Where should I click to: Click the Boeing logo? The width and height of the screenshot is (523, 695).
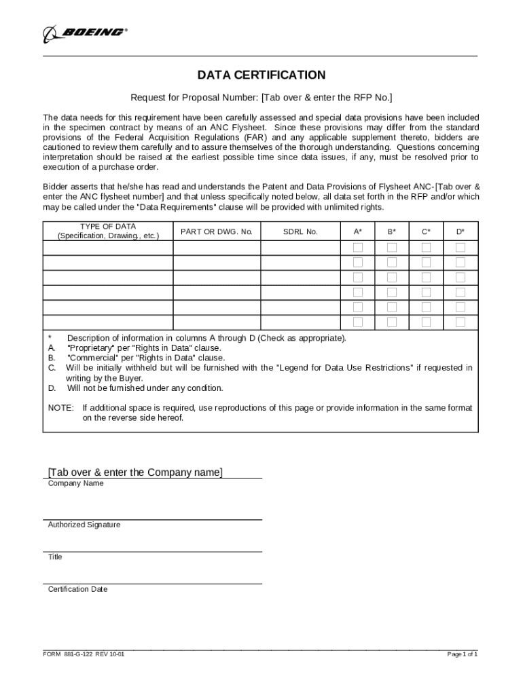[x=86, y=32]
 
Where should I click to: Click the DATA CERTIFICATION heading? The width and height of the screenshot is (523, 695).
[x=261, y=75]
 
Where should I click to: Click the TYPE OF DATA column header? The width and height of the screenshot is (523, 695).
[x=108, y=231]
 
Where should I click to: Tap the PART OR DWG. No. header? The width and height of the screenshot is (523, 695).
[x=217, y=231]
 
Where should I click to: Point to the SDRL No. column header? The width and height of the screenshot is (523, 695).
[x=300, y=231]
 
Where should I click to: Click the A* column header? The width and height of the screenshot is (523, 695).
[x=358, y=231]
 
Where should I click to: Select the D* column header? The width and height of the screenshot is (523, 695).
[x=461, y=231]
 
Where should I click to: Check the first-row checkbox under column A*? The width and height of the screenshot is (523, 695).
[x=358, y=247]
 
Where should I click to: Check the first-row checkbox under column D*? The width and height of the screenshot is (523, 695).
[x=461, y=247]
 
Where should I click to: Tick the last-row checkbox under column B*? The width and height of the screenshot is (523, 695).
[x=392, y=322]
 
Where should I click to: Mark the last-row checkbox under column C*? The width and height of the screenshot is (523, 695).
[x=426, y=322]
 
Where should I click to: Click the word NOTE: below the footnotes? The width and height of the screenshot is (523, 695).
[x=60, y=408]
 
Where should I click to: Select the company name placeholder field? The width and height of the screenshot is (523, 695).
[x=135, y=472]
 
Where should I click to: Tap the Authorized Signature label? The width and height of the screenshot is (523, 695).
[x=84, y=525]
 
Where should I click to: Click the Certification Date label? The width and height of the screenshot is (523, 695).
[x=77, y=589]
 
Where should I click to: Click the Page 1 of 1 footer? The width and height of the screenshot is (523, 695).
[x=462, y=654]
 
